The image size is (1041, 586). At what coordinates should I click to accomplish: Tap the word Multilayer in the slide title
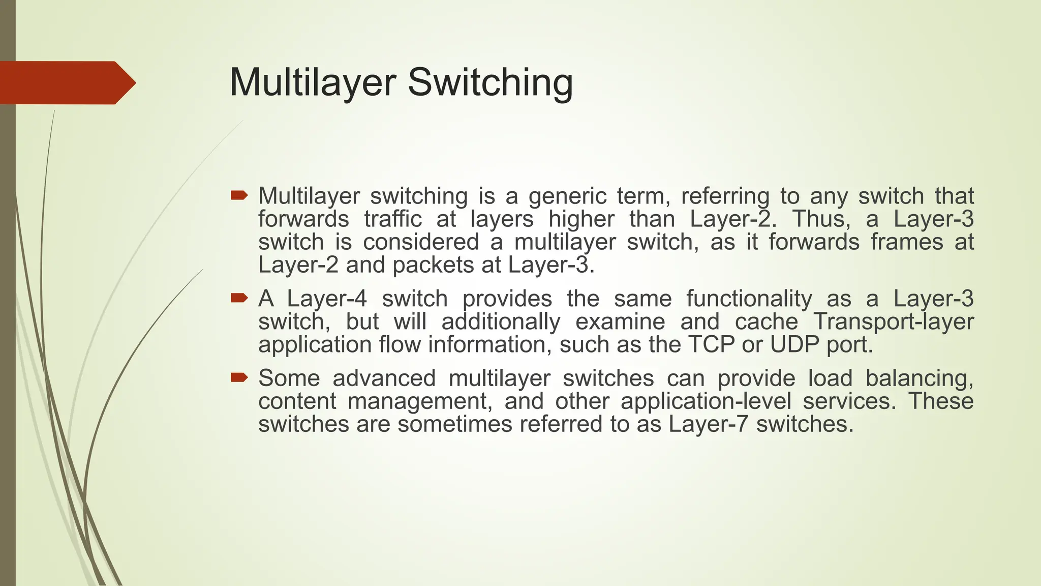(313, 82)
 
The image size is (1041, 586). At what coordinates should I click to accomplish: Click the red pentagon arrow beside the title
(68, 83)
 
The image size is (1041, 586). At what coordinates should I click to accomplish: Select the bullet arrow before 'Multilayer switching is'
(239, 195)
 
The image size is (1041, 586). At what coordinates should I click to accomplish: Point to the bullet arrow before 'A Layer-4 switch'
(239, 298)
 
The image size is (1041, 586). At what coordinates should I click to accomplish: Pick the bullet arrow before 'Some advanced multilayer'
(239, 377)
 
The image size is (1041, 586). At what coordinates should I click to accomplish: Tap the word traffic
(393, 219)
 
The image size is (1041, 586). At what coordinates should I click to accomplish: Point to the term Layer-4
(327, 299)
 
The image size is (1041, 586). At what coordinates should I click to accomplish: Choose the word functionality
(749, 299)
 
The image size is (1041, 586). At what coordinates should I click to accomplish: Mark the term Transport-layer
(893, 321)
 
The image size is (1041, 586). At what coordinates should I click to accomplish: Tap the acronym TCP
(711, 344)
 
